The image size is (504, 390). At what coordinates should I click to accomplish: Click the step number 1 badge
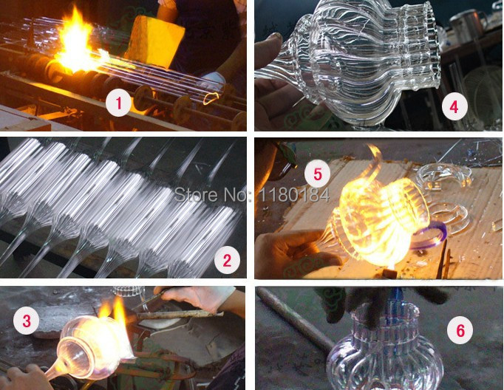click(x=118, y=103)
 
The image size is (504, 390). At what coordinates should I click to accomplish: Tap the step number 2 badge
click(x=227, y=260)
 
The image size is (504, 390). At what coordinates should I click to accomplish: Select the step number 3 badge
click(x=27, y=321)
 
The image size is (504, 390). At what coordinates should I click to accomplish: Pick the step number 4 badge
click(x=454, y=107)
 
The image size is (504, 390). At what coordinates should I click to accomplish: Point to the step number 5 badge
click(x=318, y=174)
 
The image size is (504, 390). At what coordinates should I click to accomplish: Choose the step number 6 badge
click(x=460, y=330)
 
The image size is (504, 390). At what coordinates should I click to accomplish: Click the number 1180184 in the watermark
click(x=294, y=195)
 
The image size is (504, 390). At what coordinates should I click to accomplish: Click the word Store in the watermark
click(x=190, y=195)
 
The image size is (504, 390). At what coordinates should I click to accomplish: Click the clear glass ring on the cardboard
click(x=443, y=174)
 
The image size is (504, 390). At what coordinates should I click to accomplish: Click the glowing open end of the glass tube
click(x=211, y=97)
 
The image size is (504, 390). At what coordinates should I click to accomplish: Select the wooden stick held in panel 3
click(x=180, y=315)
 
